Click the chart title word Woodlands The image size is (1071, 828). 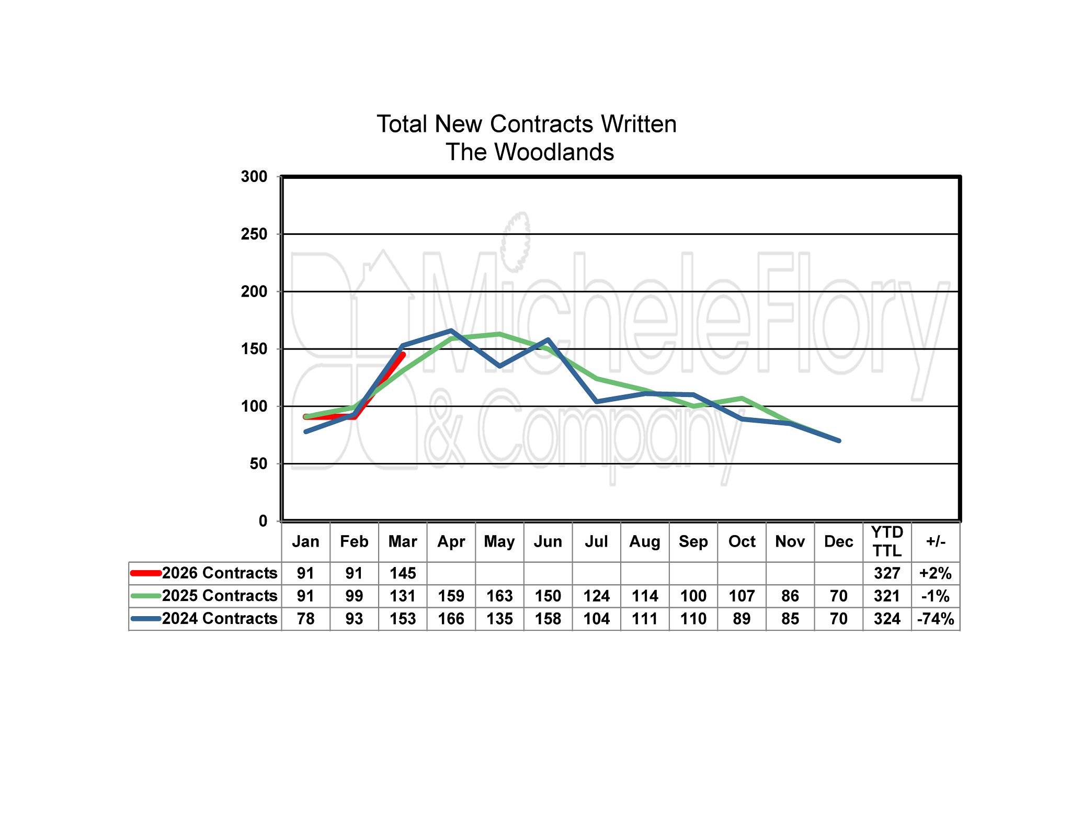pyautogui.click(x=554, y=152)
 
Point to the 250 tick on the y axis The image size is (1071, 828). pyautogui.click(x=254, y=234)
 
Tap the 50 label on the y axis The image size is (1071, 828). pyautogui.click(x=258, y=463)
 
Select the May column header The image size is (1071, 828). pyautogui.click(x=499, y=541)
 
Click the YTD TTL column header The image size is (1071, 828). pyautogui.click(x=887, y=541)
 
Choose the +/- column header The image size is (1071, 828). pyautogui.click(x=936, y=541)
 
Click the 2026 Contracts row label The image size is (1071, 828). pyautogui.click(x=220, y=573)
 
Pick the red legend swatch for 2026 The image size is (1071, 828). pyautogui.click(x=145, y=573)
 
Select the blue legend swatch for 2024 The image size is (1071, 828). pyautogui.click(x=145, y=618)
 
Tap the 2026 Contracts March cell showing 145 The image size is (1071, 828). pyautogui.click(x=403, y=573)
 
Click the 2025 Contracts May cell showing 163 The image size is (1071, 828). pyautogui.click(x=499, y=596)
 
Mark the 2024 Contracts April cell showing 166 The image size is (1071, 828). pyautogui.click(x=451, y=618)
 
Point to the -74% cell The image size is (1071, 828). pyautogui.click(x=936, y=618)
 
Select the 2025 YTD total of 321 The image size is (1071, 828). pyautogui.click(x=887, y=596)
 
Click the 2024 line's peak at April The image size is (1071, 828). pyautogui.click(x=451, y=331)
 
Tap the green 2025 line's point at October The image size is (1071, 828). pyautogui.click(x=742, y=399)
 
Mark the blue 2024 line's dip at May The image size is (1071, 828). pyautogui.click(x=499, y=366)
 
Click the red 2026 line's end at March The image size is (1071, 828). pyautogui.click(x=403, y=355)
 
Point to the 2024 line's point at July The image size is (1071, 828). pyautogui.click(x=597, y=402)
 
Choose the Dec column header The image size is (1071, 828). pyautogui.click(x=838, y=541)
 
